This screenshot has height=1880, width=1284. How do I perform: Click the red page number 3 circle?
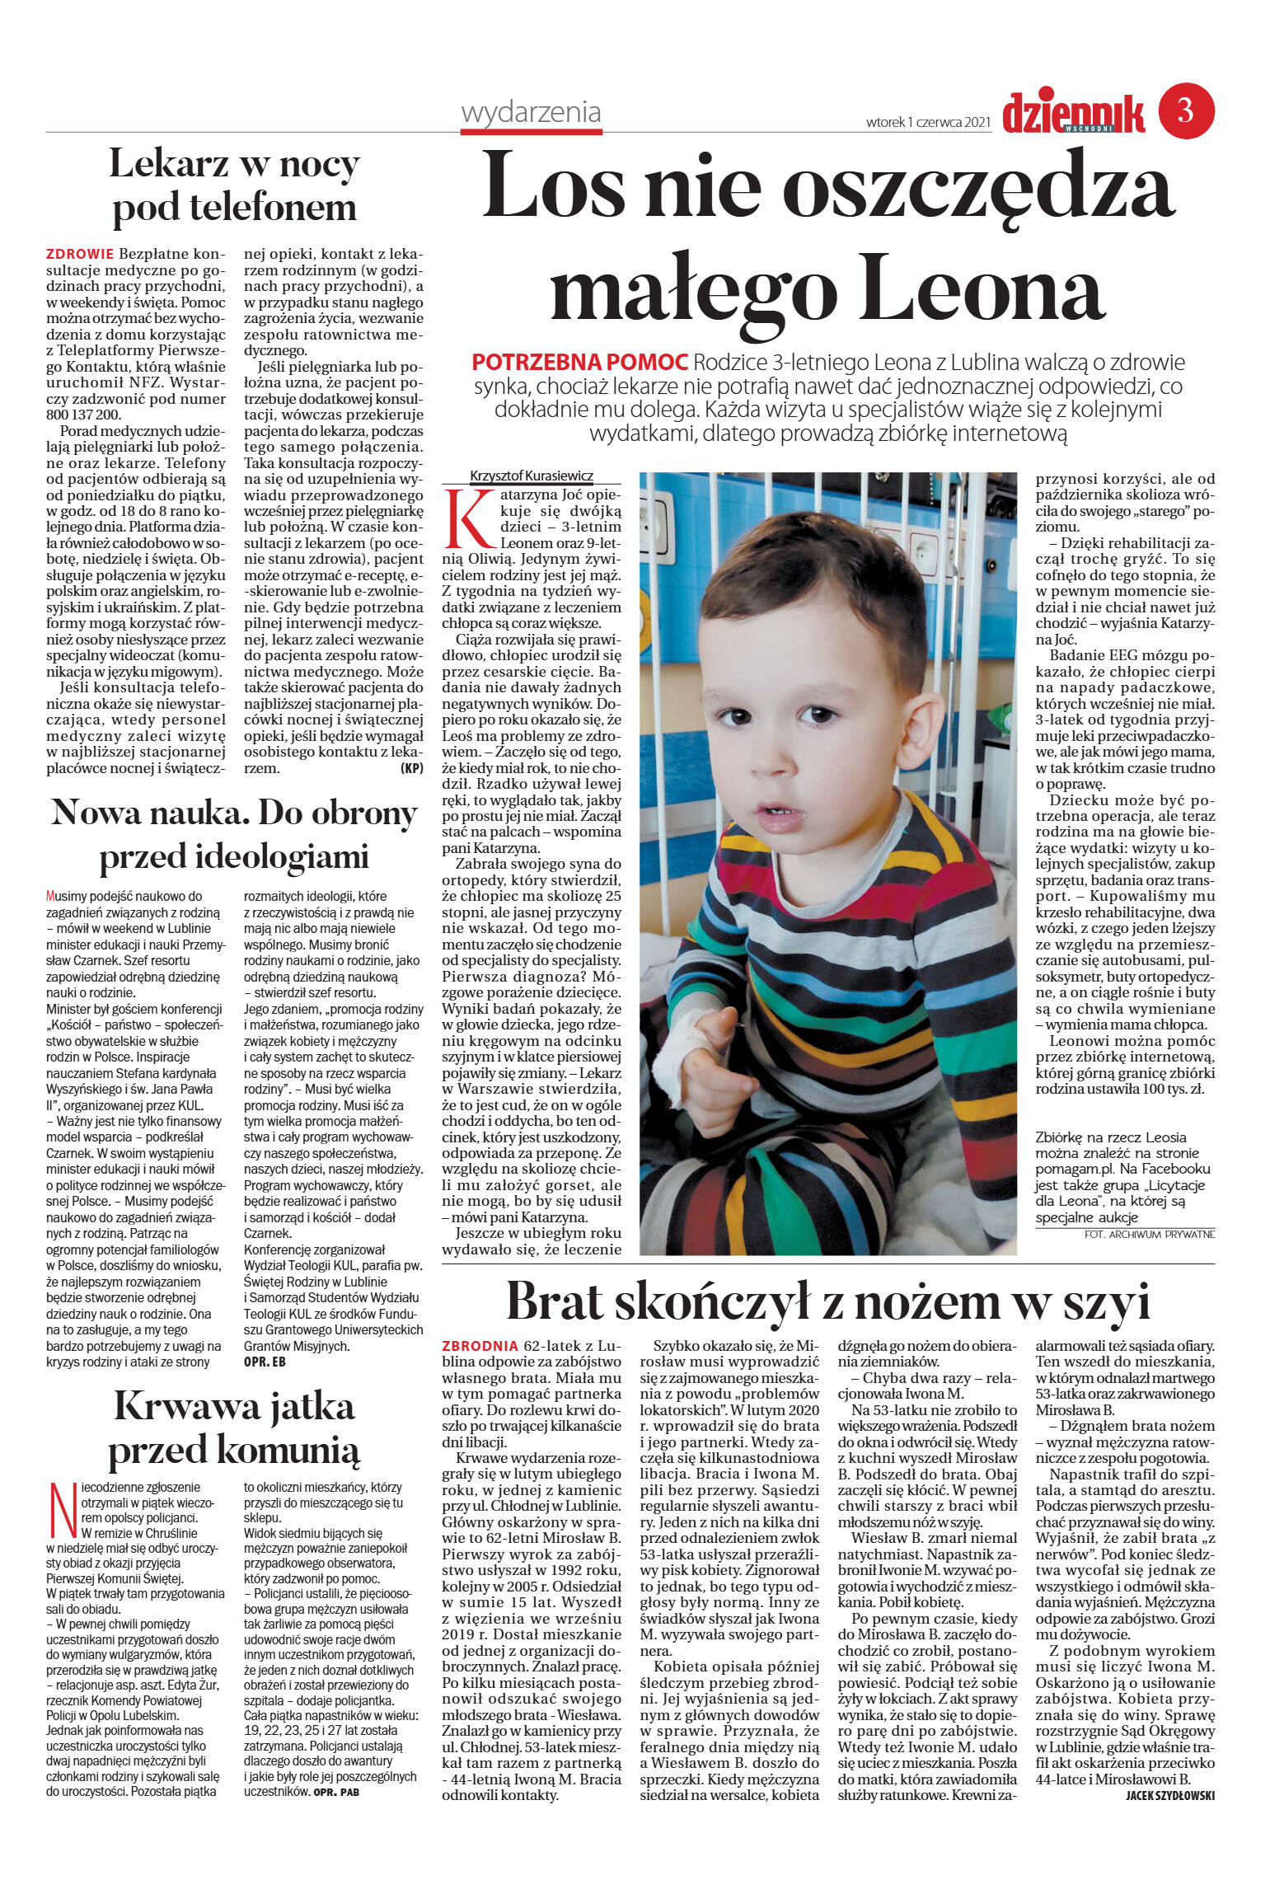pos(1186,110)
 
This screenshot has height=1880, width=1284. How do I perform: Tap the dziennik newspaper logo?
pos(1073,113)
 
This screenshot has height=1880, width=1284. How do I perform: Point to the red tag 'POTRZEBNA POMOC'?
pos(579,362)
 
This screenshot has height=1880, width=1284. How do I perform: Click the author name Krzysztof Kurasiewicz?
pos(531,476)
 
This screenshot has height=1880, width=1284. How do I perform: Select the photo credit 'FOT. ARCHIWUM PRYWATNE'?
pos(1149,1234)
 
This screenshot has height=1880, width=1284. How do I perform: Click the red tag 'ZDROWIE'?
pos(80,254)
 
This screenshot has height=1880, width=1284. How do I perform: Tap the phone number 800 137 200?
pos(84,415)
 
